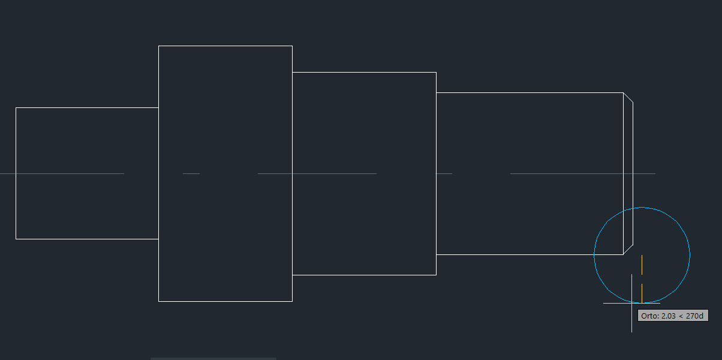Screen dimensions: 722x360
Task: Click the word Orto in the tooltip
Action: tap(649, 316)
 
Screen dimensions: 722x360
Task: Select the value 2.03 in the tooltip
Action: tap(669, 316)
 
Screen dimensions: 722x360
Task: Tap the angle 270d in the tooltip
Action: tap(694, 316)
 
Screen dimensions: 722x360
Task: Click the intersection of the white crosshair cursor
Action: tap(632, 303)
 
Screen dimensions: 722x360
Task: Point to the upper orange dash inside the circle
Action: tap(642, 265)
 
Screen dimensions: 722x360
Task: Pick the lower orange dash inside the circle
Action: tap(642, 293)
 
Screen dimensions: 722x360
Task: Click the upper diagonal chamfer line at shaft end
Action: tap(628, 97)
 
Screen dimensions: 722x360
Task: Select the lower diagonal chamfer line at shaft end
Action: tap(628, 250)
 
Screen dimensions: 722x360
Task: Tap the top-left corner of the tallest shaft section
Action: tap(158, 46)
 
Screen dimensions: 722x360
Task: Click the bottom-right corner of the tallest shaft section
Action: tap(293, 302)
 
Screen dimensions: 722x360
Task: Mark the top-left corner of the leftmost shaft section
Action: tap(16, 108)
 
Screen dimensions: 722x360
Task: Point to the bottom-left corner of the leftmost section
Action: tap(16, 239)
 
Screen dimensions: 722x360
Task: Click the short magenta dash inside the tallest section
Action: tap(191, 173)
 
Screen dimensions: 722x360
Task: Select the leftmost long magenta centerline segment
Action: tap(62, 173)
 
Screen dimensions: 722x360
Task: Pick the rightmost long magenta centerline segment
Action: tap(583, 173)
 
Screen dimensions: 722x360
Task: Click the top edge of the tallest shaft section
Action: tap(225, 46)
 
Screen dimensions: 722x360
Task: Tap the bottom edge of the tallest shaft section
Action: tap(225, 302)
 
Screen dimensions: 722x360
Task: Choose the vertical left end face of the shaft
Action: tap(16, 173)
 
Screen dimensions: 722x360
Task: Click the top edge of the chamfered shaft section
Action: tap(530, 92)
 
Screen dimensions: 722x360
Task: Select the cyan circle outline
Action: tap(642, 208)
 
